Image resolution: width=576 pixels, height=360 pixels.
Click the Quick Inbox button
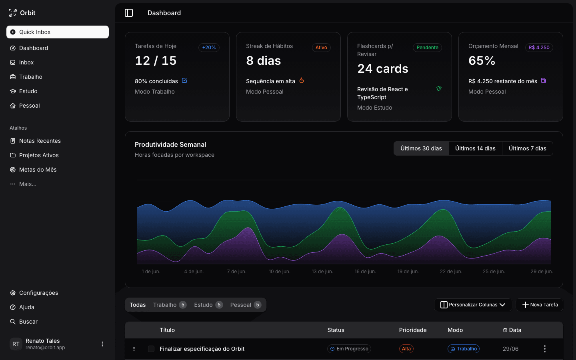(x=57, y=32)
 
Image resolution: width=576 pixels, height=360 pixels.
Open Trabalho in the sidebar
(x=30, y=77)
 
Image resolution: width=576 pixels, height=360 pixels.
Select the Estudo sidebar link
(x=28, y=91)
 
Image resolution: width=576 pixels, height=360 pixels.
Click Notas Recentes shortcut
(x=40, y=141)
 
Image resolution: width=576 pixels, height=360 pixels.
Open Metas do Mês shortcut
(x=38, y=170)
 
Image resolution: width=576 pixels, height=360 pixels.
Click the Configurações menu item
(x=38, y=293)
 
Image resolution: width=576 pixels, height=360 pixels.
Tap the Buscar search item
(x=28, y=322)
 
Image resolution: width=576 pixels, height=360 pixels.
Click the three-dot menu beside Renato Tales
(x=102, y=344)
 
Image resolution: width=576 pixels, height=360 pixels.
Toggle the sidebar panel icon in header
(x=129, y=13)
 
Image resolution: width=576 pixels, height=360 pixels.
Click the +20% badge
(x=209, y=48)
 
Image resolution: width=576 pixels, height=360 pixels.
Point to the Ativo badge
(x=321, y=48)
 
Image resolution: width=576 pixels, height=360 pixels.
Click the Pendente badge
(x=427, y=48)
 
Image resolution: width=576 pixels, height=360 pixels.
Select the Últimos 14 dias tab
(x=475, y=148)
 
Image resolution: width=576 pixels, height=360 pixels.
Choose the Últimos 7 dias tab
(x=527, y=148)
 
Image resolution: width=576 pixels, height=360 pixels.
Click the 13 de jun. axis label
(x=322, y=272)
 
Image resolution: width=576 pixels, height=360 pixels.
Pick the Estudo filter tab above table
(x=208, y=305)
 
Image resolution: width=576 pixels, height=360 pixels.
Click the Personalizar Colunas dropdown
(x=473, y=305)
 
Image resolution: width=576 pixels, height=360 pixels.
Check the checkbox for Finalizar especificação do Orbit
(x=151, y=349)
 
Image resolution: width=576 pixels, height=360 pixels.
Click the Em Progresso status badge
(x=349, y=349)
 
